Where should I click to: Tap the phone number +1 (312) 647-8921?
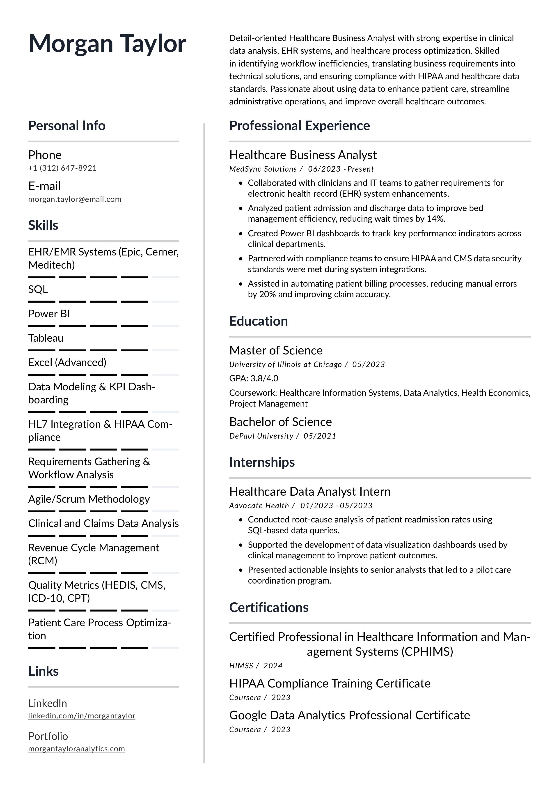[x=62, y=168]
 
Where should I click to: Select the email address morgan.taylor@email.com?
[x=75, y=199]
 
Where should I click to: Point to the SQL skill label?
[x=38, y=289]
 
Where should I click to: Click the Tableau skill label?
[x=46, y=338]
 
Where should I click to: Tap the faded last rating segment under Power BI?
[x=165, y=326]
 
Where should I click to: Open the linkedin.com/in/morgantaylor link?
[x=82, y=716]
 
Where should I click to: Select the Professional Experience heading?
[x=299, y=126]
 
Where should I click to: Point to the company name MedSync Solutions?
[x=263, y=169]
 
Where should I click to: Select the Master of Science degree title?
[x=276, y=350]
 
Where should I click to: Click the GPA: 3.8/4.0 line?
[x=254, y=378]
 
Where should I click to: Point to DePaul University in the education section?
[x=261, y=436]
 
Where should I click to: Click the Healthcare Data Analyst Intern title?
[x=310, y=492]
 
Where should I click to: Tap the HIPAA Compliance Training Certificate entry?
[x=330, y=683]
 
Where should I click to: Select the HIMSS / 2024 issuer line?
[x=256, y=666]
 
